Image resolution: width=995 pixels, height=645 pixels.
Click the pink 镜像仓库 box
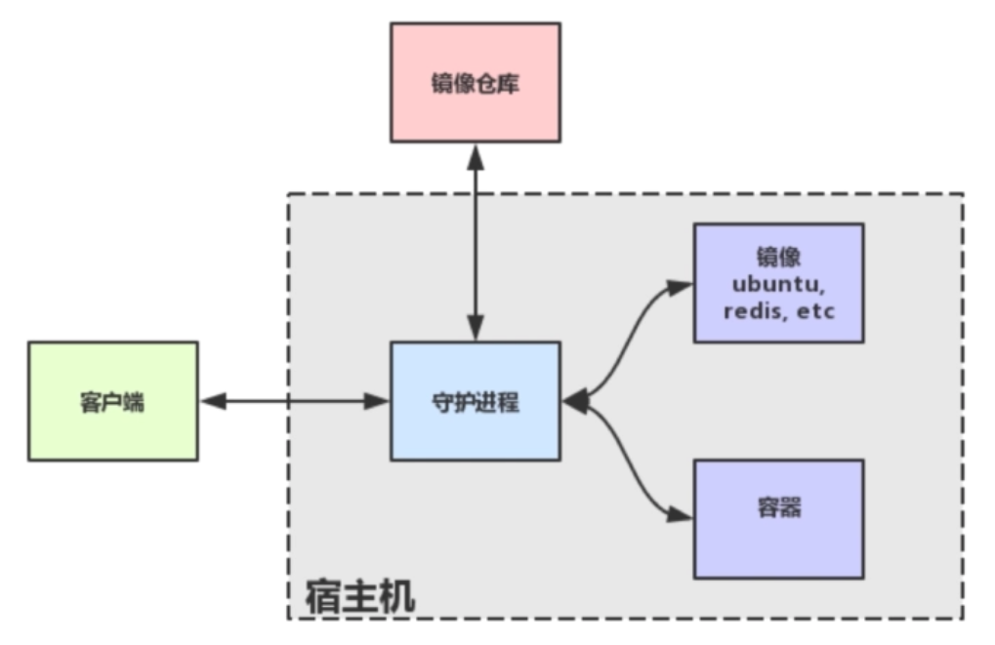click(x=476, y=83)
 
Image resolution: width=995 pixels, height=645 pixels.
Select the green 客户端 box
click(x=112, y=401)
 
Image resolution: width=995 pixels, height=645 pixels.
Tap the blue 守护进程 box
click(x=476, y=401)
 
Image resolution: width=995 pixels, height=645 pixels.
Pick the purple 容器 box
click(x=778, y=519)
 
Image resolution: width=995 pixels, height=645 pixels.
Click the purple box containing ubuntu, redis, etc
click(x=778, y=283)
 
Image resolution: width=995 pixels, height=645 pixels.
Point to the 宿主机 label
click(x=359, y=595)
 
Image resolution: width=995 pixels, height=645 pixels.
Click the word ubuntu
click(x=778, y=284)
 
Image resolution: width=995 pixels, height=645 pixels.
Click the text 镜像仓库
click(x=476, y=84)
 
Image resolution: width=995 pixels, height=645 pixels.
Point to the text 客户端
click(x=112, y=402)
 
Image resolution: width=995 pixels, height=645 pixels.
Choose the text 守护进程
click(x=476, y=402)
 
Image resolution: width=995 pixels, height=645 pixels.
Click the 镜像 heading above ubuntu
click(x=778, y=257)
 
